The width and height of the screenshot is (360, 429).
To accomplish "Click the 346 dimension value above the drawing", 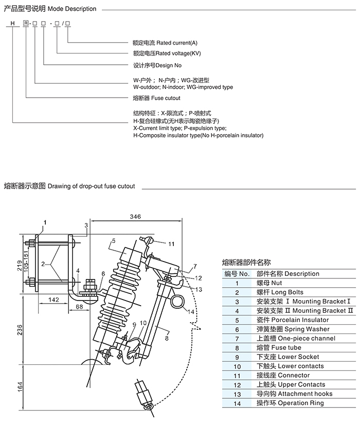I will click(135, 217).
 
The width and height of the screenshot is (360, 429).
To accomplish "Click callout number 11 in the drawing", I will click(171, 244).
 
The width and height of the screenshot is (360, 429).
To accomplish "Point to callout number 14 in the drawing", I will click(191, 312).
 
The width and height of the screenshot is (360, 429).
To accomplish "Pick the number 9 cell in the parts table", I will click(237, 357).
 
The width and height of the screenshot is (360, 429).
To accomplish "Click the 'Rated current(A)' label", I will click(165, 43).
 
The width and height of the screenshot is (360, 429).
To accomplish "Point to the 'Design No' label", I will click(157, 66).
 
